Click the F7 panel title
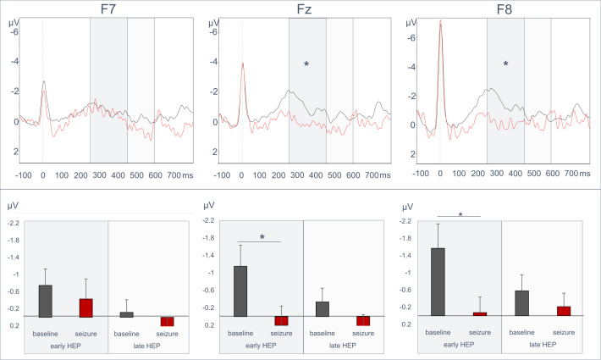[108, 8]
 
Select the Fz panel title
[305, 8]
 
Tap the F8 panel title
[505, 8]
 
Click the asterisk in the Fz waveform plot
[306, 64]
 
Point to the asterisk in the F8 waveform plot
[505, 64]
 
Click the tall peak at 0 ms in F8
[440, 21]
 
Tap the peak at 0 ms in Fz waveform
[243, 64]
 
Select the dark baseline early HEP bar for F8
[438, 282]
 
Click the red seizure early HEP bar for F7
[85, 307]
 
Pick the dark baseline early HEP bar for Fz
[240, 291]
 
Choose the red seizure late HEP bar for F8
[564, 311]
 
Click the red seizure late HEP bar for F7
[167, 321]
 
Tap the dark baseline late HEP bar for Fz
[323, 309]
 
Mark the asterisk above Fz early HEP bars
[262, 237]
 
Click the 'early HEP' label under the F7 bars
[65, 346]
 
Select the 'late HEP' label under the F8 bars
[543, 345]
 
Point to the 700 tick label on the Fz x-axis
[372, 175]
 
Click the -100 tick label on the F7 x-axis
[24, 175]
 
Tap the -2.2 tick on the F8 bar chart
[405, 221]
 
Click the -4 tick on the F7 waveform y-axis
[14, 61]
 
